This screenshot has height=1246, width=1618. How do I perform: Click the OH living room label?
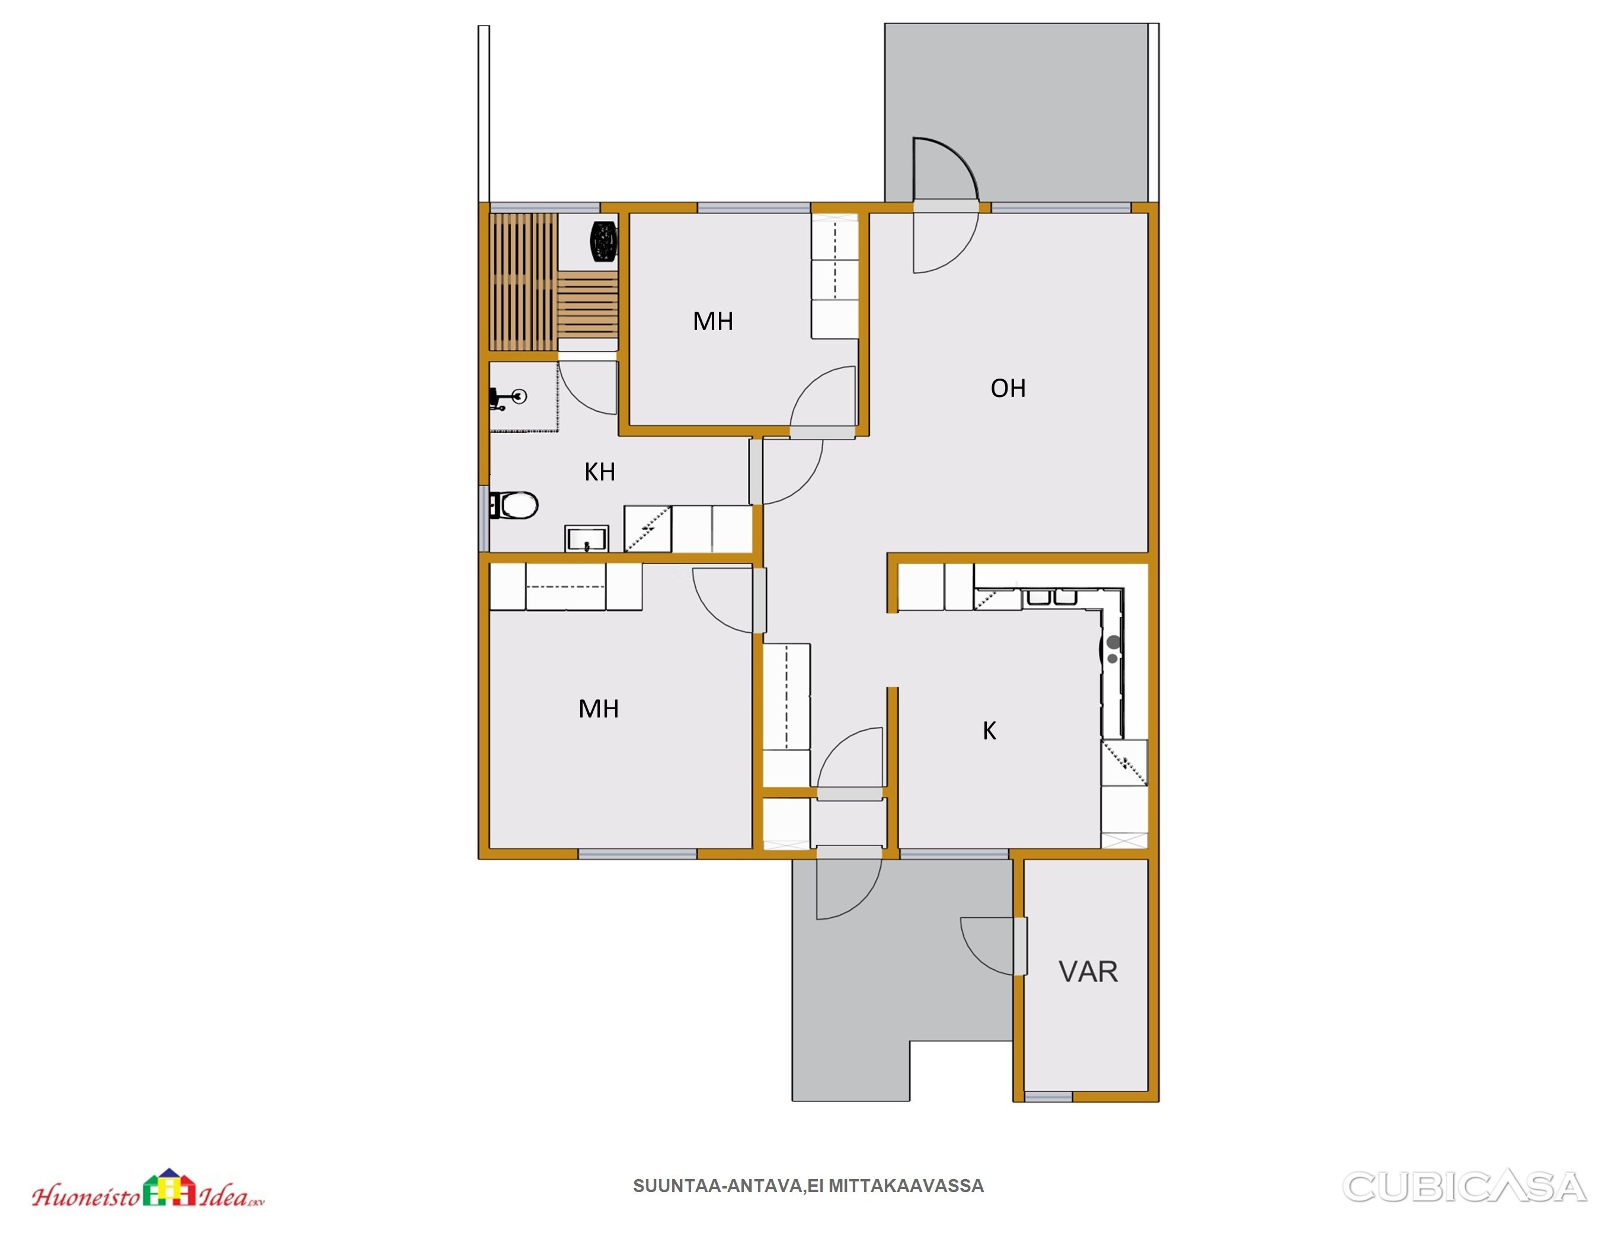tap(1008, 388)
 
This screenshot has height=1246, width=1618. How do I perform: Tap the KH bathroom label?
tap(599, 472)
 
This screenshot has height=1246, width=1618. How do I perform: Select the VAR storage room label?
tap(1088, 971)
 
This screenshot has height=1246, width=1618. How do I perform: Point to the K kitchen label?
tap(989, 731)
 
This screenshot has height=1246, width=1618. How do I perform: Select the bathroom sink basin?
tap(587, 539)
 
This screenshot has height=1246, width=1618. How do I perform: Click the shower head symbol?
tap(509, 398)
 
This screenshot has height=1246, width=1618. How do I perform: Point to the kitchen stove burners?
tap(1113, 649)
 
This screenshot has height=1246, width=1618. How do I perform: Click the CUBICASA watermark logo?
tap(1464, 1186)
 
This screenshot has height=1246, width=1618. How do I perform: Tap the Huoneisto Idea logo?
tap(148, 1189)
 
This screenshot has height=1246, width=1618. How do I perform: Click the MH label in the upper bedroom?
tap(712, 322)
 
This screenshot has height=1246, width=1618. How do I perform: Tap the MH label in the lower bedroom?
tap(599, 709)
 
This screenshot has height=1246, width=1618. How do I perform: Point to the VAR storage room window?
tap(1048, 1096)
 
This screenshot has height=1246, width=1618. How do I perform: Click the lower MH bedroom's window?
tap(637, 854)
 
